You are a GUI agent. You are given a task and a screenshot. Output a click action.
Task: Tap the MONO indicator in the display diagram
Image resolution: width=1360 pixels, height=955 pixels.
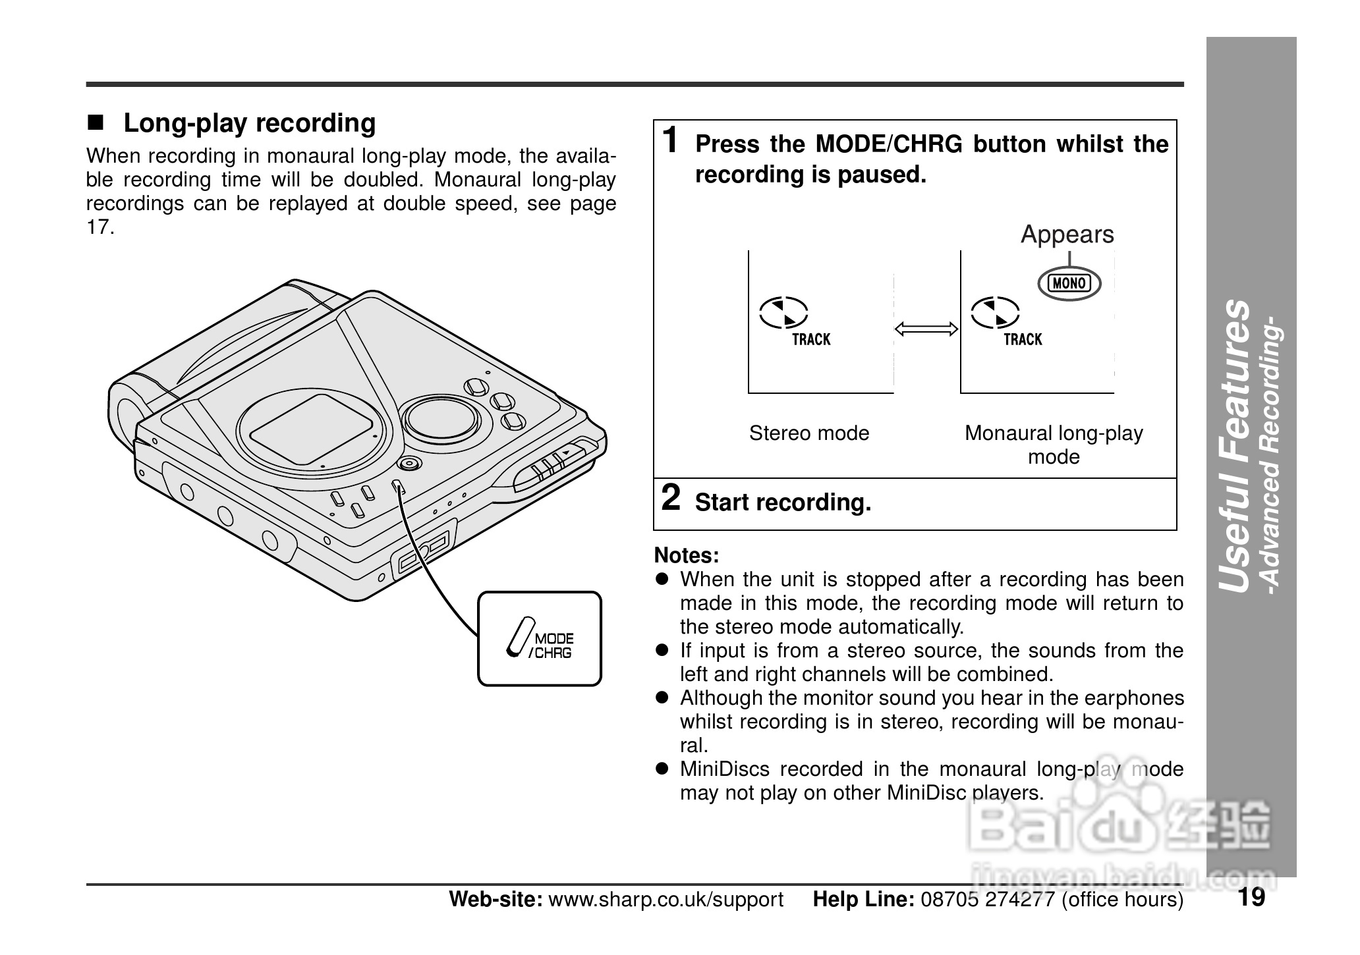point(1069,283)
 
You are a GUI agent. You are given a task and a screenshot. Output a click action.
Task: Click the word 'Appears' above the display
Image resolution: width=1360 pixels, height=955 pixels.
point(1067,234)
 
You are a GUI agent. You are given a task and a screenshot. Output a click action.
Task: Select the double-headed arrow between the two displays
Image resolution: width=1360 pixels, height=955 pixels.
point(926,329)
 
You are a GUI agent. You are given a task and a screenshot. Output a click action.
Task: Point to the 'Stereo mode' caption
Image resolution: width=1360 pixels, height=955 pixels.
point(809,433)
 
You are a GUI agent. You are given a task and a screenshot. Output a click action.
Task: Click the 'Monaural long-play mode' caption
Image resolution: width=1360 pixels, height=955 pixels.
point(1054,445)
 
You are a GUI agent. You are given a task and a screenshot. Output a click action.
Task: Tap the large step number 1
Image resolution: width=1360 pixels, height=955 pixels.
point(670,140)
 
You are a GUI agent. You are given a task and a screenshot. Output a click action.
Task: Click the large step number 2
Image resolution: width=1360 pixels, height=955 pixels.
point(670,498)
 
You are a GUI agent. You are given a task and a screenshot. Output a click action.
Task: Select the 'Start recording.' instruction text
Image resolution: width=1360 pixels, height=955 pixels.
point(783,503)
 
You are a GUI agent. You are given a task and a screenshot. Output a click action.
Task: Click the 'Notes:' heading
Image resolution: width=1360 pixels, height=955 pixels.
point(686,555)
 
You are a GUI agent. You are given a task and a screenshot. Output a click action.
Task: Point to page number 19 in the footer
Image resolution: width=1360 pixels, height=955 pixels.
point(1251,897)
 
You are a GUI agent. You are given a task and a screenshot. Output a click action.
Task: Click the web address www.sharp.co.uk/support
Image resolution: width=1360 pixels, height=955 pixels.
point(666,900)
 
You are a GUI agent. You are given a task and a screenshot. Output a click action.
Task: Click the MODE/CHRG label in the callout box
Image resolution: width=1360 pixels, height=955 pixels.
point(552,646)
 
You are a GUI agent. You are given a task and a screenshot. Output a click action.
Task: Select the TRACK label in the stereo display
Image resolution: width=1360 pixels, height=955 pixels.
point(811,340)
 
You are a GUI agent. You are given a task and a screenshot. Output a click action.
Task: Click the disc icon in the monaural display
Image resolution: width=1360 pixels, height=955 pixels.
point(995,312)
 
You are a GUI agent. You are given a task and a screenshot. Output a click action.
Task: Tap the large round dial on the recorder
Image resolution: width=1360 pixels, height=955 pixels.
point(441,418)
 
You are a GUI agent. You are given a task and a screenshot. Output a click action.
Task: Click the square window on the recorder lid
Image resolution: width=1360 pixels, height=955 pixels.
point(312,429)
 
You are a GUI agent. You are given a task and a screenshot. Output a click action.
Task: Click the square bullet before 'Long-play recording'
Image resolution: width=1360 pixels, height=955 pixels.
point(96,123)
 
